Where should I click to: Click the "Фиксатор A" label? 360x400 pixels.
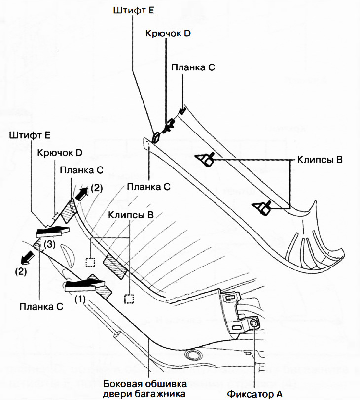[x=254, y=393]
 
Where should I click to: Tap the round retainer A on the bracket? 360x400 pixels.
[x=254, y=323]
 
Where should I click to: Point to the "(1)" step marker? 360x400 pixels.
[x=80, y=298]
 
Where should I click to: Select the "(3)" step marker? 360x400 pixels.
[x=49, y=244]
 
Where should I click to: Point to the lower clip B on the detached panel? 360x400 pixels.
[x=263, y=207]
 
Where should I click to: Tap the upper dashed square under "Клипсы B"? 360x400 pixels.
[x=89, y=262]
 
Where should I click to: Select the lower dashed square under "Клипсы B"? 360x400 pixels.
[x=129, y=299]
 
